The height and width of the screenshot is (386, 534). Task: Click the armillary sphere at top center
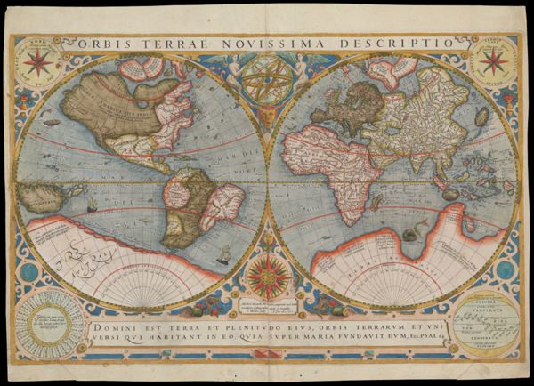coord(266,81)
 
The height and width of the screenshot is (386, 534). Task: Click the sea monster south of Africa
coord(409,233)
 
